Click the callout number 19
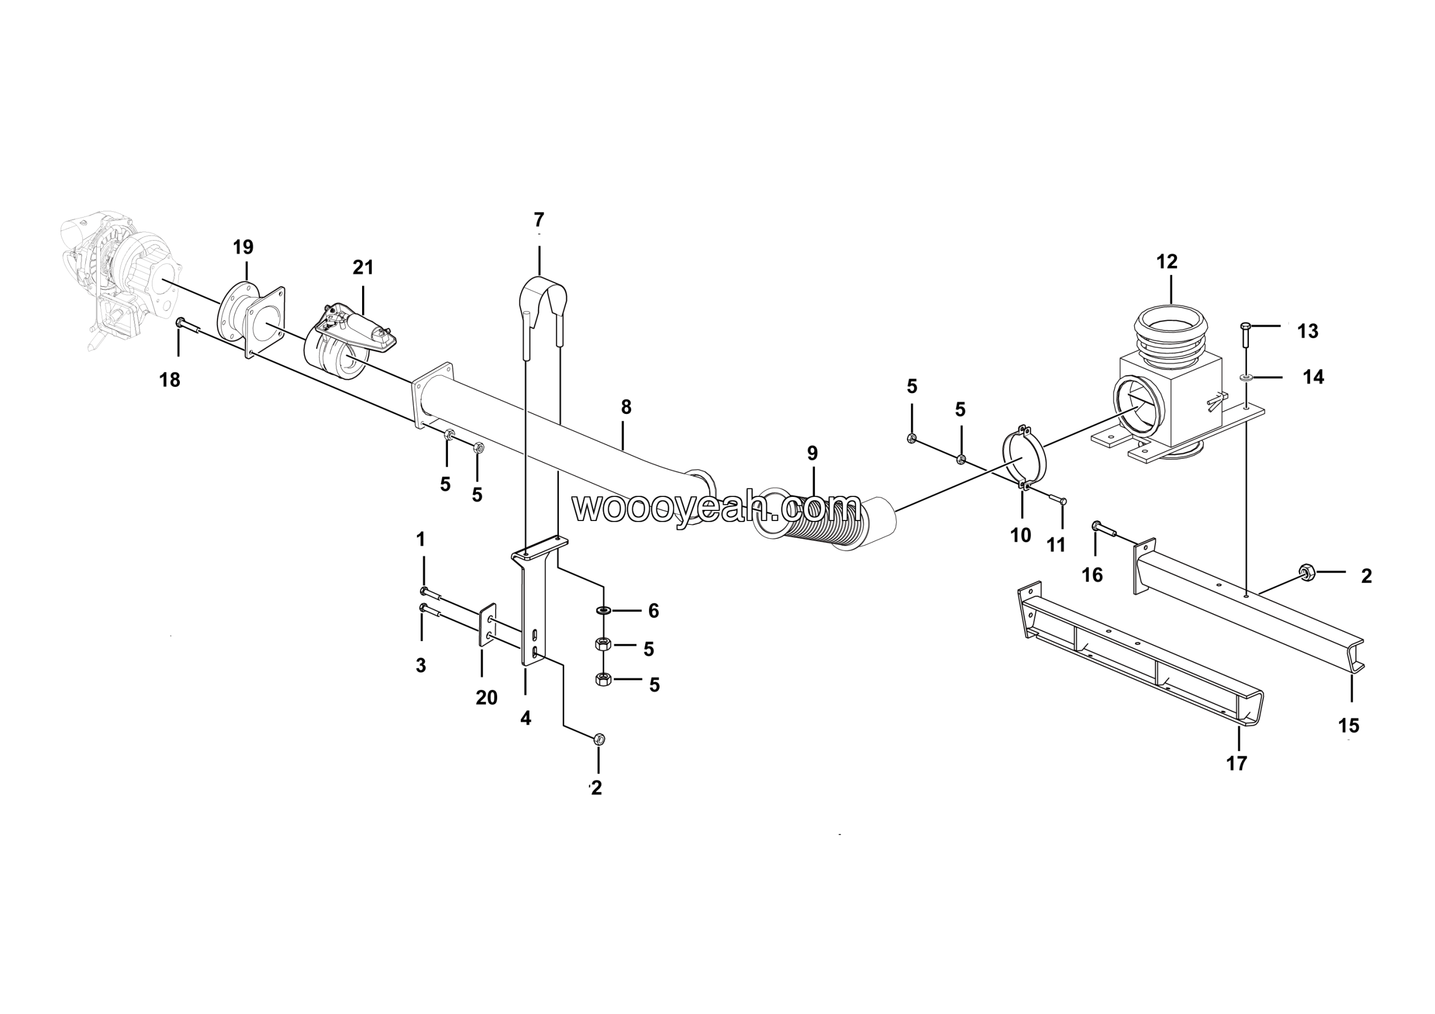243,247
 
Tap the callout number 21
363,268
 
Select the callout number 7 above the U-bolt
539,220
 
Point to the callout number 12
1167,262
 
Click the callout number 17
1236,763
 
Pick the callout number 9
812,453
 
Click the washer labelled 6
604,610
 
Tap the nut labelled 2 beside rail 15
1305,571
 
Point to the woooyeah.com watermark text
716,508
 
